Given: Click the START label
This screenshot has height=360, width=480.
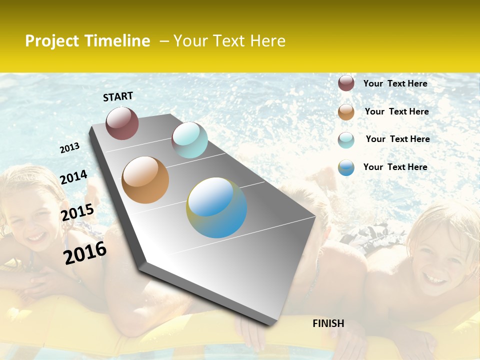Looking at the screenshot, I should point(118,96).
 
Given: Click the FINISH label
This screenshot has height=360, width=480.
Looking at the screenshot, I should point(328,323).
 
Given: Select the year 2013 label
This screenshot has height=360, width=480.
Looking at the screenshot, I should point(70,148).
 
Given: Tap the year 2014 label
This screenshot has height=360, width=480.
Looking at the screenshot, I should point(74,177).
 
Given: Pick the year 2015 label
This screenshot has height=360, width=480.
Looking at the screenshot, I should point(77,212).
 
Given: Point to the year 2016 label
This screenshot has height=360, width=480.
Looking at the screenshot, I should point(85,252).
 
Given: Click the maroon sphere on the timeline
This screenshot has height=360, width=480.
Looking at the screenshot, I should point(122,123).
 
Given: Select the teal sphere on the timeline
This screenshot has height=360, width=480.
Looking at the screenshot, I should point(189,140).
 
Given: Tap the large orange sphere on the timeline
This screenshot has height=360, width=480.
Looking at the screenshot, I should point(145,180).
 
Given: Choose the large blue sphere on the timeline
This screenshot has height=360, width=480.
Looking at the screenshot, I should point(216,207).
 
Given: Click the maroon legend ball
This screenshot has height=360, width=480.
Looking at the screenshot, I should point(346,83).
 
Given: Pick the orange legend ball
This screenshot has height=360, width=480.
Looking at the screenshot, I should point(346,112).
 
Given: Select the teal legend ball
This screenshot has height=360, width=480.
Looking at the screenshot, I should point(346,140).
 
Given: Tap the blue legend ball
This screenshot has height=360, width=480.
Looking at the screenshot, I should point(346,167).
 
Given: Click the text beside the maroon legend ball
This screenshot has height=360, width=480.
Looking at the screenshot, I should point(395,83).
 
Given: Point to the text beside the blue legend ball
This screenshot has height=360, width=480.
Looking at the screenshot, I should point(395,167).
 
